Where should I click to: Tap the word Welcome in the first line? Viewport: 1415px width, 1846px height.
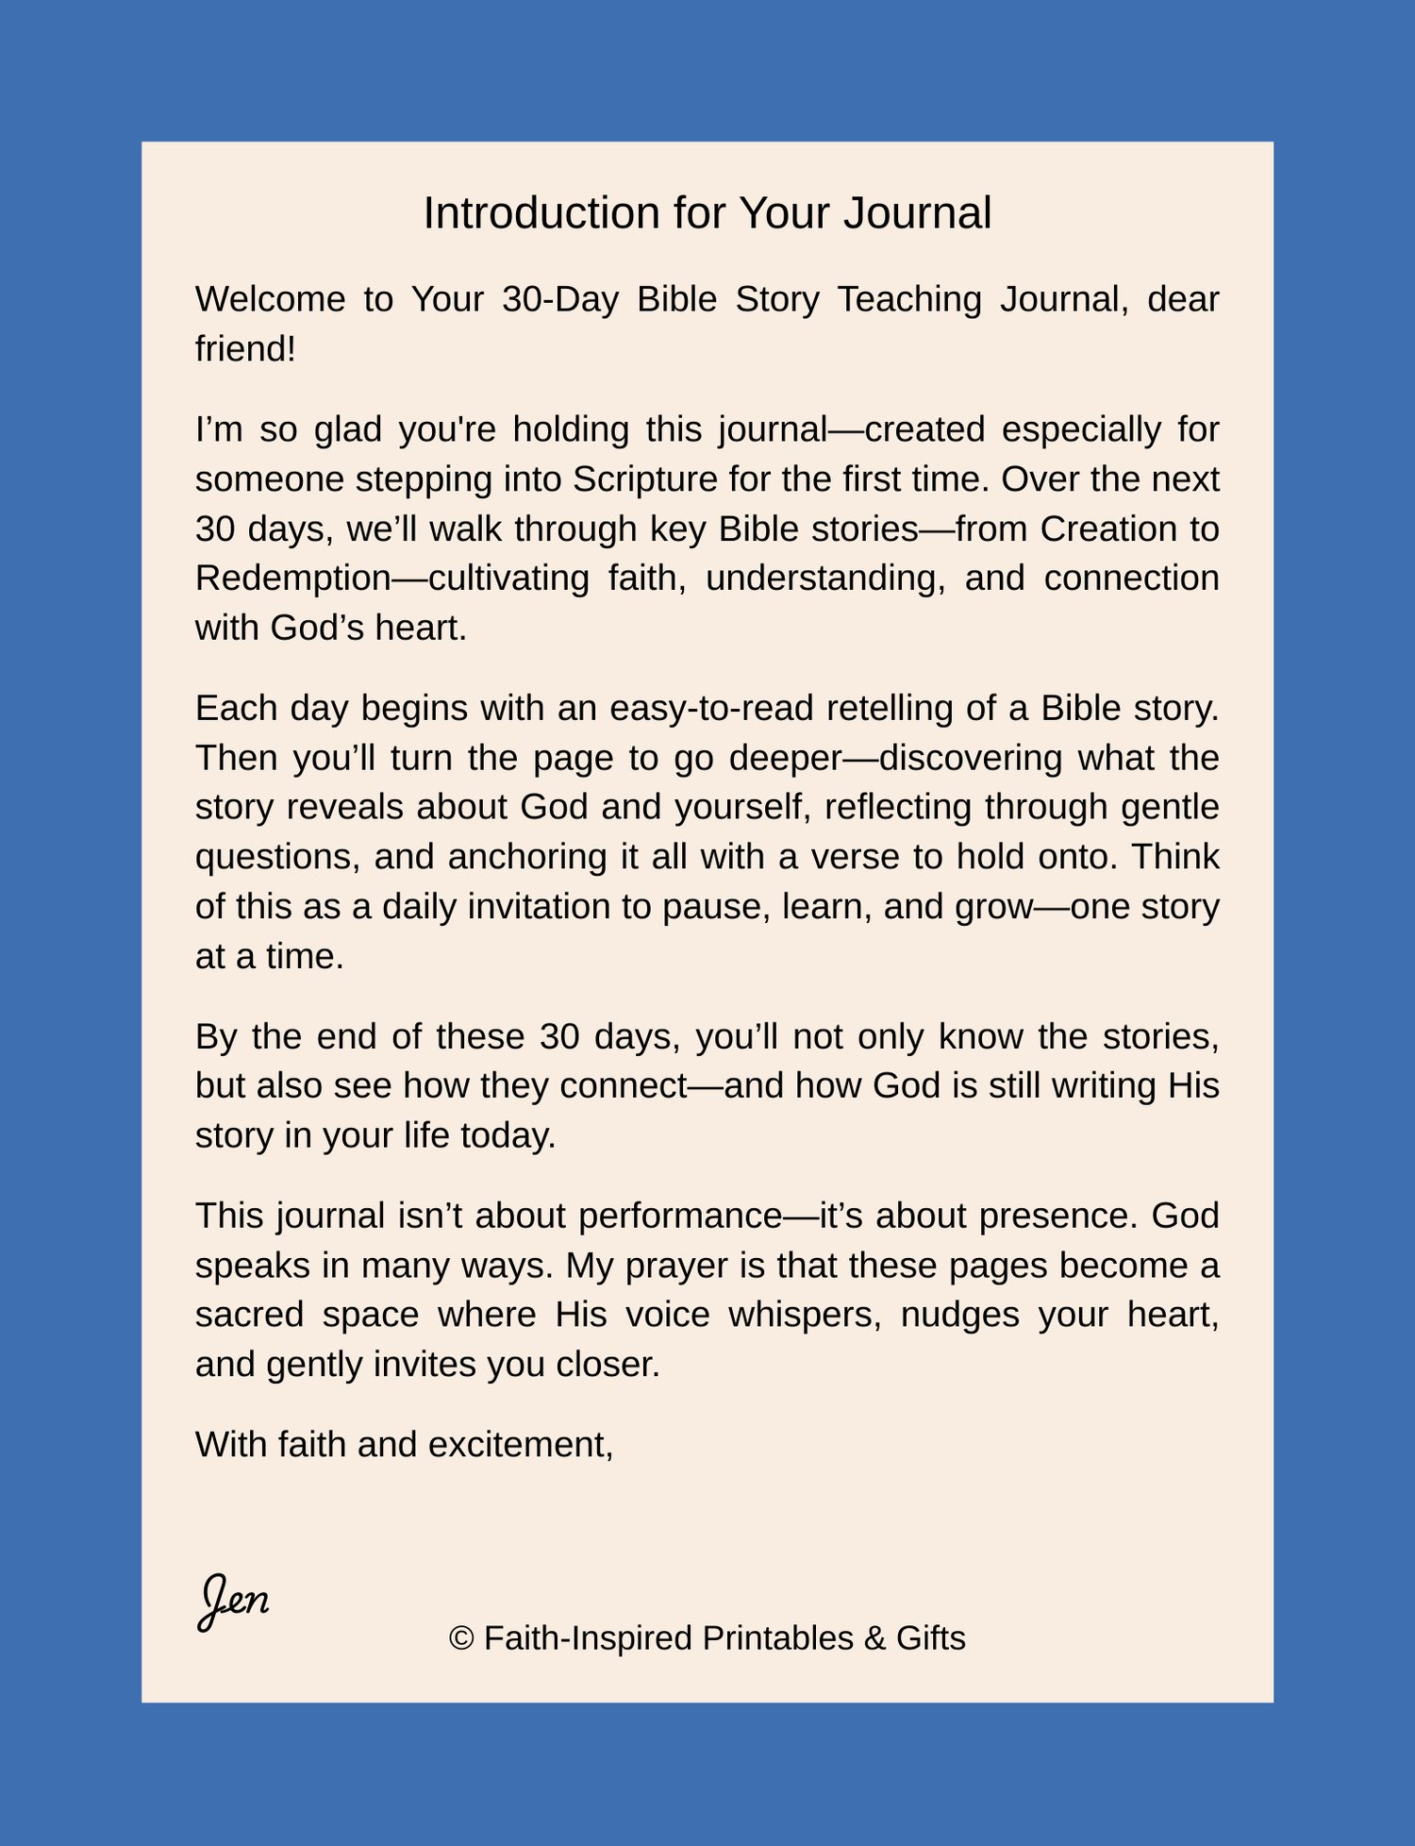pyautogui.click(x=270, y=299)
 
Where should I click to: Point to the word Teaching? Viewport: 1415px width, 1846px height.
pyautogui.click(x=909, y=299)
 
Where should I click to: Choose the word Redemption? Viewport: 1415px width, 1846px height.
pyautogui.click(x=292, y=579)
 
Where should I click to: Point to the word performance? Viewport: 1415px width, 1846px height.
pyautogui.click(x=680, y=1216)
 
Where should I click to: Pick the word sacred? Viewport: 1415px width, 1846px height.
pyautogui.click(x=249, y=1315)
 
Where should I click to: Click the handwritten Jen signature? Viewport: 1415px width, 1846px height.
pyautogui.click(x=234, y=1601)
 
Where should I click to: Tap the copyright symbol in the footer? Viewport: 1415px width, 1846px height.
pyautogui.click(x=461, y=1638)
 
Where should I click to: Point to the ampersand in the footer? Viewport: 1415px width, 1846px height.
pyautogui.click(x=874, y=1638)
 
